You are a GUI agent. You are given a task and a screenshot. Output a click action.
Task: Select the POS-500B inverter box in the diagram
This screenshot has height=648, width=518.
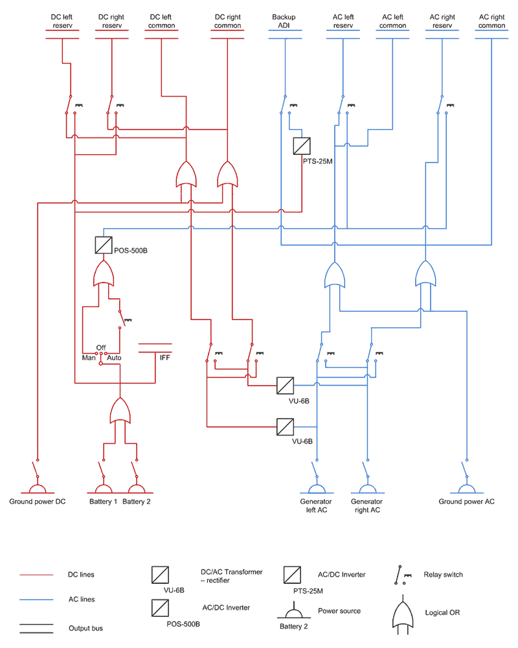point(104,244)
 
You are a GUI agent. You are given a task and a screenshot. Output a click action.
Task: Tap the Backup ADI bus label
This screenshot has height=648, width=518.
point(284,21)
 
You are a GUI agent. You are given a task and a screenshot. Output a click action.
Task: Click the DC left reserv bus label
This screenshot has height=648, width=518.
point(63,21)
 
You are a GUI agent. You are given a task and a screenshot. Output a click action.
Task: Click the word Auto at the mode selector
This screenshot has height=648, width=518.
point(114,357)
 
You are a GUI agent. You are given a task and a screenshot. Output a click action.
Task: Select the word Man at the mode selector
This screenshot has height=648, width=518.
point(88,357)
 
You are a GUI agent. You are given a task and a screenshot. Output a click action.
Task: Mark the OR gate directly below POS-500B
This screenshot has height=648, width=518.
point(104,275)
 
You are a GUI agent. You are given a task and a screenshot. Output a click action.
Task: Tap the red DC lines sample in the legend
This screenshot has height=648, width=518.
point(36,575)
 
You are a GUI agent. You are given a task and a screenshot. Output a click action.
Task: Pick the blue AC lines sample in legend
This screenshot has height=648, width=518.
point(36,600)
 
